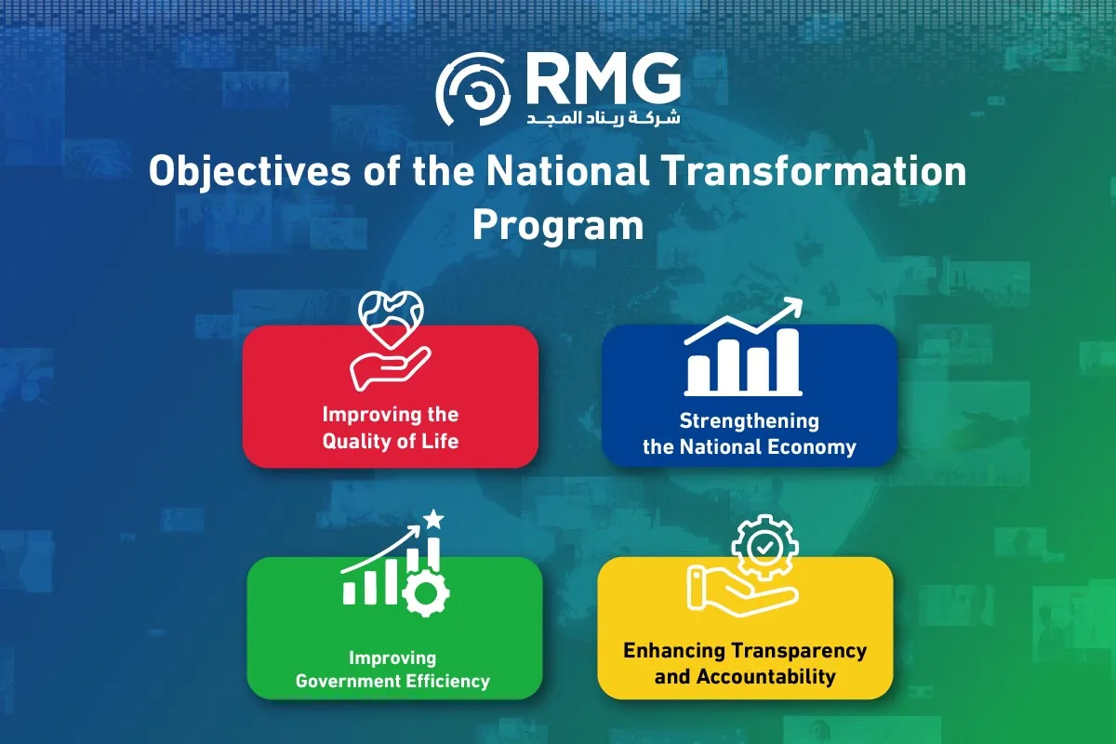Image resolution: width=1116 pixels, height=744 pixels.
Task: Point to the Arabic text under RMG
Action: coord(604,117)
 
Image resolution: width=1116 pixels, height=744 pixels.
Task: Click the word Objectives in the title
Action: coord(249,172)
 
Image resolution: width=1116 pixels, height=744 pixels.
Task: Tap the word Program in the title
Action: coord(558,227)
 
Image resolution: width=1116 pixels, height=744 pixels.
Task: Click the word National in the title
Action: coord(567,171)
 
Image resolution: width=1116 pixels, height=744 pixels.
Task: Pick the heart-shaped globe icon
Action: coord(391,319)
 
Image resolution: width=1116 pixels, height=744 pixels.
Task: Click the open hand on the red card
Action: coord(390,369)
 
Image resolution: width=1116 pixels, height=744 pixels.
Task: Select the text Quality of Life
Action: coord(391,442)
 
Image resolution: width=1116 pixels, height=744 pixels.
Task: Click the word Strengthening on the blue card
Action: coord(750,421)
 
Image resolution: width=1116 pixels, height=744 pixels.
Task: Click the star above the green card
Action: coord(433,519)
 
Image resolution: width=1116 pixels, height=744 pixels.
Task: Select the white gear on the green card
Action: coord(426,593)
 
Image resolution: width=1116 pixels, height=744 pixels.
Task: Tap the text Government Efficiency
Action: coord(392,681)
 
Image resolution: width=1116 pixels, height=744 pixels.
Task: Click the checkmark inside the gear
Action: coord(764,548)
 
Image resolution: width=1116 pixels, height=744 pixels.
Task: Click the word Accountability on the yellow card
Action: coord(765,677)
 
